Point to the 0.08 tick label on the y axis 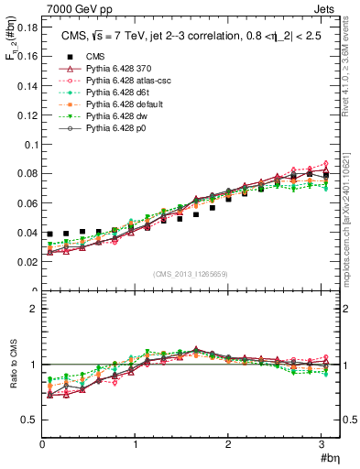pyautogui.click(x=26, y=173)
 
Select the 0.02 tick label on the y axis pyautogui.click(x=26, y=262)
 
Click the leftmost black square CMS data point pyautogui.click(x=50, y=234)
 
